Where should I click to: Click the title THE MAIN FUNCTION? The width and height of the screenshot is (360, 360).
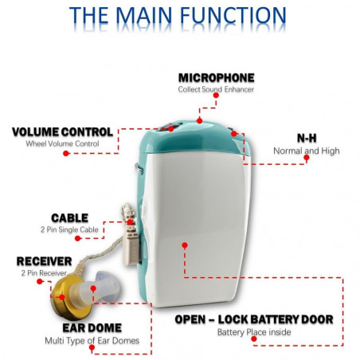click(x=178, y=16)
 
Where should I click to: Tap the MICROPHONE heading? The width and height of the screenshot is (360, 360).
click(x=216, y=78)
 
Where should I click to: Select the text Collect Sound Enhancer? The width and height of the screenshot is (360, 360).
click(x=216, y=89)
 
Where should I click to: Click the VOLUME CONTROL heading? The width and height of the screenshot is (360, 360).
click(x=63, y=132)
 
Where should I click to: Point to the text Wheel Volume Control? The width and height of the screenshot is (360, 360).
click(x=62, y=143)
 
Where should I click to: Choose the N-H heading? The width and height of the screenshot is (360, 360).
click(x=307, y=139)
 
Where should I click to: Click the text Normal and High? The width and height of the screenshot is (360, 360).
click(x=307, y=151)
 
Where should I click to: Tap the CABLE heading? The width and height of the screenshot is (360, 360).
click(x=69, y=218)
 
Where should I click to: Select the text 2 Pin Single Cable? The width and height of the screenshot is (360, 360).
click(x=69, y=229)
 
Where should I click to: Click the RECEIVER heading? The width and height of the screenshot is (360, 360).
click(x=44, y=261)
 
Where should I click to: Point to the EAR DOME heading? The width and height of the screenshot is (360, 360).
click(x=92, y=328)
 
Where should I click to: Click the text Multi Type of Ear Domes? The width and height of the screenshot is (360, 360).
click(x=92, y=341)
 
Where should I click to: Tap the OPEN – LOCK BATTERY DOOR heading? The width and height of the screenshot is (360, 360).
click(x=254, y=319)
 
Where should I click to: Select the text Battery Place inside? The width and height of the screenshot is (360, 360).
click(x=254, y=332)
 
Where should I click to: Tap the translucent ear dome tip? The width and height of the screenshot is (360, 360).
click(x=106, y=286)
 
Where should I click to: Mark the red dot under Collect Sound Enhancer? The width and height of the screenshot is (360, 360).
click(x=216, y=95)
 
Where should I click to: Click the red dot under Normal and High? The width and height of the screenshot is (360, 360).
click(x=307, y=158)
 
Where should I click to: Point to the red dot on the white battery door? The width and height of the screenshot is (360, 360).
click(x=185, y=245)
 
